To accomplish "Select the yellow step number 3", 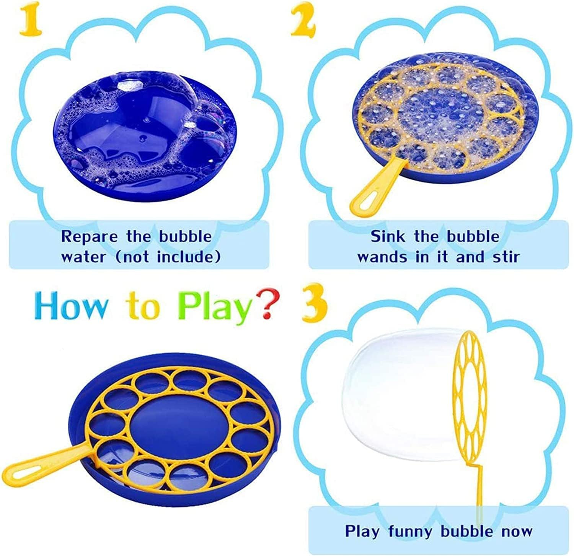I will (x=315, y=302).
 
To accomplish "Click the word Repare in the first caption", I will (x=90, y=237).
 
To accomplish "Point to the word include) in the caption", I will (x=189, y=257).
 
